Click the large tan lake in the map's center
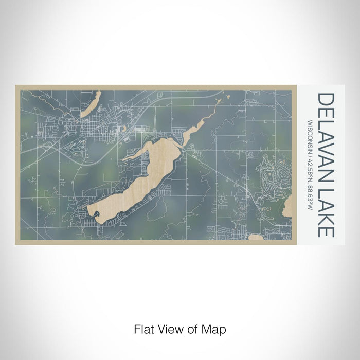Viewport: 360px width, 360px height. (139, 180)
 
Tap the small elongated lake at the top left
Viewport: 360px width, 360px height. (89, 103)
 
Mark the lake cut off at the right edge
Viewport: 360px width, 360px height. (287, 208)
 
